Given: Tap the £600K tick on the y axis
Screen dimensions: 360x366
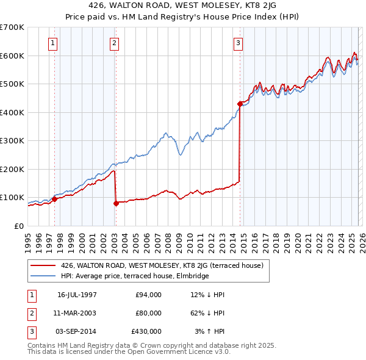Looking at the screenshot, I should [12, 56].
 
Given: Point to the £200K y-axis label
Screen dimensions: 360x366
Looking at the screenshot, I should [12, 169].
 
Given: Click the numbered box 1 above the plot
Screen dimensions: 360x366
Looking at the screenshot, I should [53, 43].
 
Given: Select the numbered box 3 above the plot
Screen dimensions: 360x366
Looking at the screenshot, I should [238, 43].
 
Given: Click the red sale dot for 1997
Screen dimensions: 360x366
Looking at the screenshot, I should [54, 199].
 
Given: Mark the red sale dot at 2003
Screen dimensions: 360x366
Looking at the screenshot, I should [115, 203].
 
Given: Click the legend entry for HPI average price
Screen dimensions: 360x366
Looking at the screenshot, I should [135, 276].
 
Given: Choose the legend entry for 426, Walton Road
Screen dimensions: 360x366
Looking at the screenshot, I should [162, 265].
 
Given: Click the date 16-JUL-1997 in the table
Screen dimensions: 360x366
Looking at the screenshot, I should [77, 295].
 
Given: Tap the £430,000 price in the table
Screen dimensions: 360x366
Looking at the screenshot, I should [146, 331].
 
